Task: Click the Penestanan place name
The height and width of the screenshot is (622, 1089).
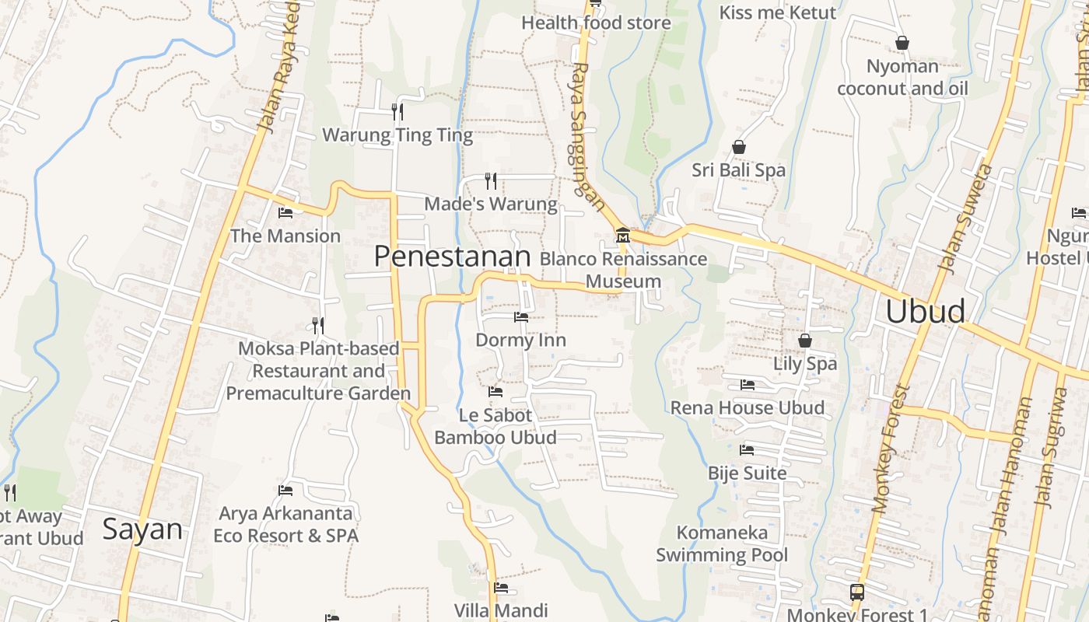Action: point(452,256)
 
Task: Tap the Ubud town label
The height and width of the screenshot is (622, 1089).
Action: point(926,311)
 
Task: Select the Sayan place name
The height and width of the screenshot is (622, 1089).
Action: point(142,529)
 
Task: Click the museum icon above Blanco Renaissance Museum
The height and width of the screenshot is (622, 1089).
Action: point(623,236)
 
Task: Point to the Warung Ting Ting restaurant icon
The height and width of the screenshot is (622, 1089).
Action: point(397,112)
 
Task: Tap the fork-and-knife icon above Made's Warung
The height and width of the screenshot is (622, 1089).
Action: point(491,181)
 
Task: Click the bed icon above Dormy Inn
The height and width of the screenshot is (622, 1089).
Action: point(520,317)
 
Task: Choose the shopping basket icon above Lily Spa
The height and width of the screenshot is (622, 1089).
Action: point(805,341)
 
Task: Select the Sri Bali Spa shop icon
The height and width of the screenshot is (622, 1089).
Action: point(739,147)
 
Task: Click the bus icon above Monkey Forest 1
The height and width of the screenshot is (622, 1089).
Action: point(856,592)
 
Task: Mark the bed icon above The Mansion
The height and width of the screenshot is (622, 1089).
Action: point(285,212)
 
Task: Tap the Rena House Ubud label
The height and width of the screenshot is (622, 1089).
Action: point(748,407)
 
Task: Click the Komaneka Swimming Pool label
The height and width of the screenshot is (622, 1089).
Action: point(722,543)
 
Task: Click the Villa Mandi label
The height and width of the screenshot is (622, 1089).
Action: point(502,610)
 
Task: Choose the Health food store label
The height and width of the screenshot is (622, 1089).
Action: point(596,23)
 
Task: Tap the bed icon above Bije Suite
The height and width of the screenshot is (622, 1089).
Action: point(747,449)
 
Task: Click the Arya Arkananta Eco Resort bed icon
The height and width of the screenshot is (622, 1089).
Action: point(285,490)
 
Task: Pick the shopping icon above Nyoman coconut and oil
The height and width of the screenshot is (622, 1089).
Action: point(902,43)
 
